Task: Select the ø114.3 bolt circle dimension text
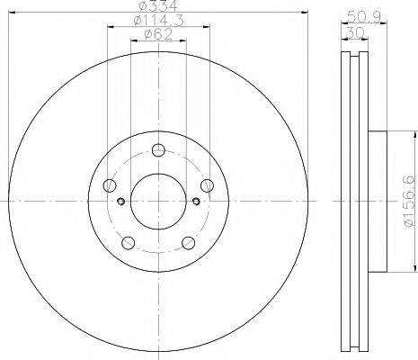(x=158, y=21)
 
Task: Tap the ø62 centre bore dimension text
(x=158, y=34)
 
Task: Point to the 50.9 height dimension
(x=364, y=17)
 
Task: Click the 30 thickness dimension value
(x=354, y=31)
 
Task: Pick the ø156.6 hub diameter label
(x=411, y=202)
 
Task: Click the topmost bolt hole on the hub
(x=158, y=150)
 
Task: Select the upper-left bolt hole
(x=110, y=185)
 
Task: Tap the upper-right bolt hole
(x=207, y=185)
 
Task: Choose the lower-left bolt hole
(x=129, y=243)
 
